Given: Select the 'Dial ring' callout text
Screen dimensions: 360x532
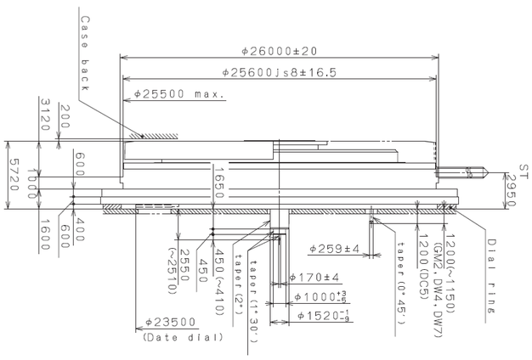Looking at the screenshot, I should coord(491,264).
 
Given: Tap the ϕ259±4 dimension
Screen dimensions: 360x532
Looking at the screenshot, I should coord(334,249).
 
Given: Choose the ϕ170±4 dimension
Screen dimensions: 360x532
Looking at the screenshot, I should coord(315,277).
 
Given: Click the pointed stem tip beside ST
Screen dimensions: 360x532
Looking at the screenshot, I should coord(480,173).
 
